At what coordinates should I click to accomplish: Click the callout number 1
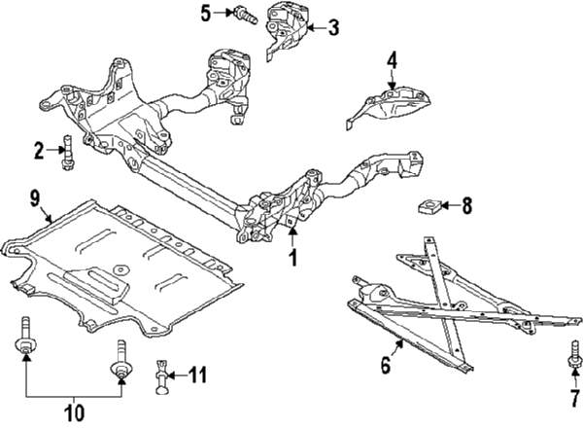coord(291,259)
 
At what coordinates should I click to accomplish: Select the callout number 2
coord(39,151)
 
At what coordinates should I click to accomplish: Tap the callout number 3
coord(332,27)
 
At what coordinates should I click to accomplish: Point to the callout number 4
coord(392,61)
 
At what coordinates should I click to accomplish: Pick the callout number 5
coord(206,13)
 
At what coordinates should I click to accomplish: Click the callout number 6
coord(386,367)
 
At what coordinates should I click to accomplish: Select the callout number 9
coord(34,201)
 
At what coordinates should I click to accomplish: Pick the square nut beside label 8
coord(427,206)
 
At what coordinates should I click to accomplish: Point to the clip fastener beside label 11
coord(162,374)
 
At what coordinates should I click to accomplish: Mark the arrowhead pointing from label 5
coord(224,13)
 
